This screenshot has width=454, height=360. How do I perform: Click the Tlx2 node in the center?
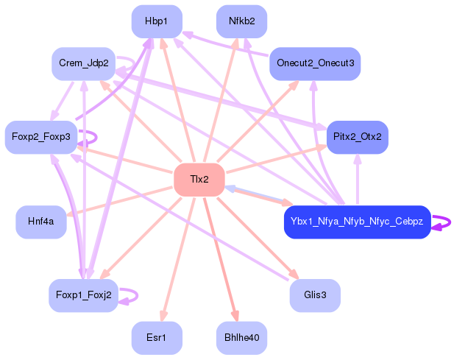point(199,180)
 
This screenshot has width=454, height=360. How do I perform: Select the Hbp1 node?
point(157,21)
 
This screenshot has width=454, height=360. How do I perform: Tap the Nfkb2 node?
point(241,21)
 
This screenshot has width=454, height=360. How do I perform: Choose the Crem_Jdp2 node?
point(84,64)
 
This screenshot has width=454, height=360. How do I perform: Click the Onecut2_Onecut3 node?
point(315,64)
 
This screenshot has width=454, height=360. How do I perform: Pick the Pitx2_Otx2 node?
point(357,137)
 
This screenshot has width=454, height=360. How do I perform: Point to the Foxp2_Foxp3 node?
point(41,137)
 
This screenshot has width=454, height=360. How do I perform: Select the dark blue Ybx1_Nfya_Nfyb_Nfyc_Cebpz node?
point(357,222)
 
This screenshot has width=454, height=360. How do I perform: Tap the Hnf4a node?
point(41,222)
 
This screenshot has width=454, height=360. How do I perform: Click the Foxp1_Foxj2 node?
point(83,295)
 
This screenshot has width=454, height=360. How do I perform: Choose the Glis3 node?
point(315,295)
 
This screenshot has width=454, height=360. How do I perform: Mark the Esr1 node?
point(157,338)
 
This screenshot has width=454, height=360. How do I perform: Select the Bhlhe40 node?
point(241,338)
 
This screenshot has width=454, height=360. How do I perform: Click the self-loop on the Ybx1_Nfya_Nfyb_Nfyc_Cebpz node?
point(443,222)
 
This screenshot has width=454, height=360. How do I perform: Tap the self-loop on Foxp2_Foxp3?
point(90,137)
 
